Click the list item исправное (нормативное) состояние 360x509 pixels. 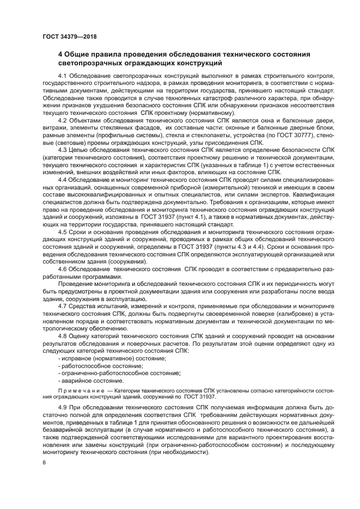click(102, 360)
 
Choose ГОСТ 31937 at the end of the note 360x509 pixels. click(197, 398)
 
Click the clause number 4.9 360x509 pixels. click(62, 408)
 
